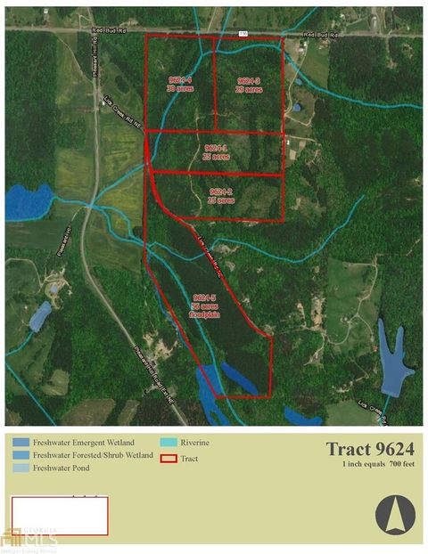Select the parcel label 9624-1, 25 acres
point(217,151)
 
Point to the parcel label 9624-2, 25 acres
point(220,196)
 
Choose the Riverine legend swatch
point(167,442)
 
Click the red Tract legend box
point(167,460)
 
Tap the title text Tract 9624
point(370,449)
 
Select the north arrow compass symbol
point(394,515)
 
